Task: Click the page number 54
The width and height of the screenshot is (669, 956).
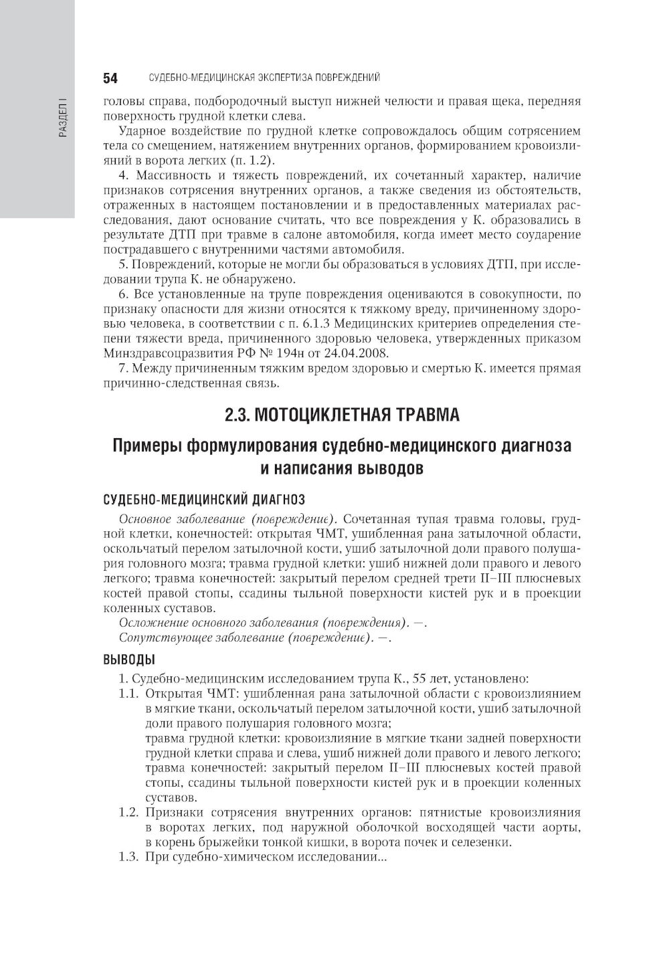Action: [110, 78]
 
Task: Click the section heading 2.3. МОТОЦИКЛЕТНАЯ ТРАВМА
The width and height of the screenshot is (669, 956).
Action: [342, 415]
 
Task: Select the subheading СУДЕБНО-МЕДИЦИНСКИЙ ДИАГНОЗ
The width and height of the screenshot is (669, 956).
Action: [204, 499]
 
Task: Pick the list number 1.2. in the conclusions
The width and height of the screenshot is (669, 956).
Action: [129, 812]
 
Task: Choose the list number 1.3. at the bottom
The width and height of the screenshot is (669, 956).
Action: [129, 857]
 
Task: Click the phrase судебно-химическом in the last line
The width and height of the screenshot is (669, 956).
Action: [229, 857]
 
